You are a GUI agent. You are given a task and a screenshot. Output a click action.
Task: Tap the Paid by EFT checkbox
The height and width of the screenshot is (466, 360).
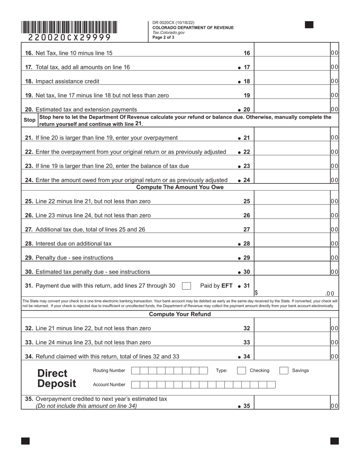[186, 286]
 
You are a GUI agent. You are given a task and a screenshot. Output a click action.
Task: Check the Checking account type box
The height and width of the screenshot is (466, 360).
[241, 371]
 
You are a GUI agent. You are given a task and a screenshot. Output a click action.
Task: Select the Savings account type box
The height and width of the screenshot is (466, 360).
[284, 371]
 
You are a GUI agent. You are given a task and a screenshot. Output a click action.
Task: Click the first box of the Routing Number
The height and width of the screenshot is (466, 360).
[135, 371]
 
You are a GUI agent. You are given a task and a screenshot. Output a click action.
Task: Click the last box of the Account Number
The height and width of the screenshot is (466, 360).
[271, 385]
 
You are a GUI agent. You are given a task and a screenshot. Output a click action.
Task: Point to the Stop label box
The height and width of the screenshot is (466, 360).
[30, 120]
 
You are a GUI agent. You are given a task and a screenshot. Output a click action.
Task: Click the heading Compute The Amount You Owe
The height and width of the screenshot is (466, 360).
[180, 188]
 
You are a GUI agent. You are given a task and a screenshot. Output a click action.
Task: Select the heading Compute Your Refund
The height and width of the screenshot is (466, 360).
[180, 314]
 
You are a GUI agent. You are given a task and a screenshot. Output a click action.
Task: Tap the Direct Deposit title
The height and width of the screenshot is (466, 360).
[56, 378]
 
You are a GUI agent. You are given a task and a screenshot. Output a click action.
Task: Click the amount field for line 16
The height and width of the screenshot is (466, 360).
[292, 53]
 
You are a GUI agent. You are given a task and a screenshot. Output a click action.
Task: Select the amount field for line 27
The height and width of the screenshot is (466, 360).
[292, 230]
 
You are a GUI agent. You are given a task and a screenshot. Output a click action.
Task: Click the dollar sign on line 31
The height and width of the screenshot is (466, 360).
[256, 293]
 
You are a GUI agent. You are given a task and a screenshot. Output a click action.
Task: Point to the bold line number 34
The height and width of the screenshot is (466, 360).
[246, 357]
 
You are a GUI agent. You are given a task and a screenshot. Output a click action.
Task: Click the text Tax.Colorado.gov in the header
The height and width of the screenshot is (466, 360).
[169, 33]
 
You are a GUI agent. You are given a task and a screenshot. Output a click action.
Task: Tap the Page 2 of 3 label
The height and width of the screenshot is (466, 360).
[163, 38]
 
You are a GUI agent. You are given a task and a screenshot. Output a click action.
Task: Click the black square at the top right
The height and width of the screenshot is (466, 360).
[309, 25]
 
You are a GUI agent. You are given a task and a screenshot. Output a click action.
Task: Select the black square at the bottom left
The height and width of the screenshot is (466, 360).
[25, 441]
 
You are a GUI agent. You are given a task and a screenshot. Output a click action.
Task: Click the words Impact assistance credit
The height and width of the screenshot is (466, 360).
[67, 81]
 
